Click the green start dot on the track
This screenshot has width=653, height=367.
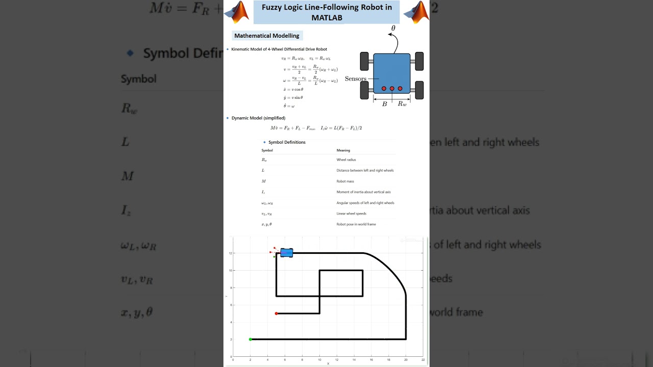pyautogui.click(x=250, y=339)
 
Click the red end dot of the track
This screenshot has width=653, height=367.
pyautogui.click(x=277, y=313)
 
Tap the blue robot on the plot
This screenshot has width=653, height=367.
pyautogui.click(x=287, y=252)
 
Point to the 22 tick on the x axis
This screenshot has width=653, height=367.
pyautogui.click(x=423, y=360)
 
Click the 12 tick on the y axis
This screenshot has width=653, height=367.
pyautogui.click(x=231, y=253)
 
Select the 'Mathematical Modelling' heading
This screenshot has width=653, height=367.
pyautogui.click(x=267, y=36)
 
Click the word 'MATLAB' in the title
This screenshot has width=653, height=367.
pyautogui.click(x=327, y=18)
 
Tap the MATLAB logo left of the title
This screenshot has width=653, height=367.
pyautogui.click(x=237, y=12)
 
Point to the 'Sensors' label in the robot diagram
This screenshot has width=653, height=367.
pyautogui.click(x=356, y=79)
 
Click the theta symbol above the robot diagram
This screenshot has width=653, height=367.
pyautogui.click(x=393, y=29)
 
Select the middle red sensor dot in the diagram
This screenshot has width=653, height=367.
pyautogui.click(x=392, y=89)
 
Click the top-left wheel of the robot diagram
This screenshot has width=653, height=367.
pyautogui.click(x=365, y=61)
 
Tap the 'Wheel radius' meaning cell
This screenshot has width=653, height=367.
pyautogui.click(x=346, y=160)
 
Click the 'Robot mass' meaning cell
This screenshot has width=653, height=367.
pyautogui.click(x=345, y=181)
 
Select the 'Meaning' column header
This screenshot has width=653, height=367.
pyautogui.click(x=343, y=150)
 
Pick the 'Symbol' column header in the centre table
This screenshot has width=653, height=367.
pyautogui.click(x=267, y=150)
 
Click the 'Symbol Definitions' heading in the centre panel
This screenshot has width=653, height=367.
pyautogui.click(x=287, y=142)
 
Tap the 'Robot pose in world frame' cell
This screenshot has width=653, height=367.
pyautogui.click(x=356, y=224)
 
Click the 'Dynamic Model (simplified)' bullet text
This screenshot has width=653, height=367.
pyautogui.click(x=258, y=118)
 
